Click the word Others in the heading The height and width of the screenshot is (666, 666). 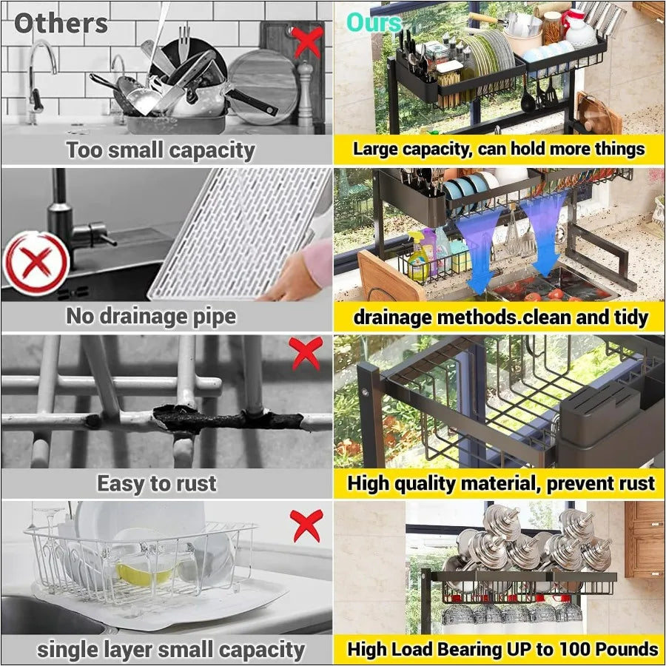coord(61,24)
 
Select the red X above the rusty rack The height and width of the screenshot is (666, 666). coord(306,353)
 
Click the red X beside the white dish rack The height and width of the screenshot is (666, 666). coord(306,525)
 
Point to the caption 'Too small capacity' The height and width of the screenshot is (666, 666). coord(161,150)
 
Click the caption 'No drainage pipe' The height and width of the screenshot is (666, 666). coord(151,317)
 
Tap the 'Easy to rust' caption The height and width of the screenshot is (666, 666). coord(157,484)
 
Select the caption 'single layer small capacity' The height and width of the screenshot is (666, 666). coord(171,650)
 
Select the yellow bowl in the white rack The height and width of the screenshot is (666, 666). coord(144,572)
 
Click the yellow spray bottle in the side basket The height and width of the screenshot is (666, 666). coord(419,255)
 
